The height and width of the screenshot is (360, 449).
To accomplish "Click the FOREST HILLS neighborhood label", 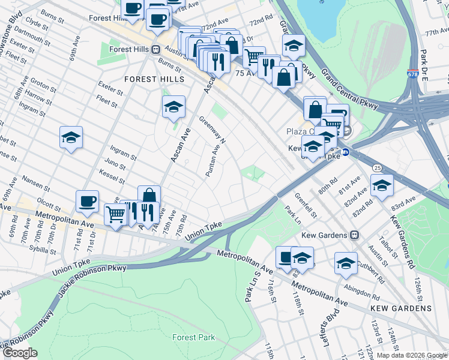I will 154,79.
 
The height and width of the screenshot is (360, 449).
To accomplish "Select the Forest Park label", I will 193,338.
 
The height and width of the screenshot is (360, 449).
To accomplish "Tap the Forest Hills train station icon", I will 155,50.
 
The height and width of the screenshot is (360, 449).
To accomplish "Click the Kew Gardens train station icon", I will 355,235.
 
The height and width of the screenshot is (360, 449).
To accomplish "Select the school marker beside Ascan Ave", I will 173,107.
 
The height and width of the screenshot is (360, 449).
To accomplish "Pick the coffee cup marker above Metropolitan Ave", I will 87,201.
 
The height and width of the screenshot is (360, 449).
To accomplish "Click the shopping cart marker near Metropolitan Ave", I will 115,213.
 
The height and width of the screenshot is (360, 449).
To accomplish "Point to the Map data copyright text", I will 411,355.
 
